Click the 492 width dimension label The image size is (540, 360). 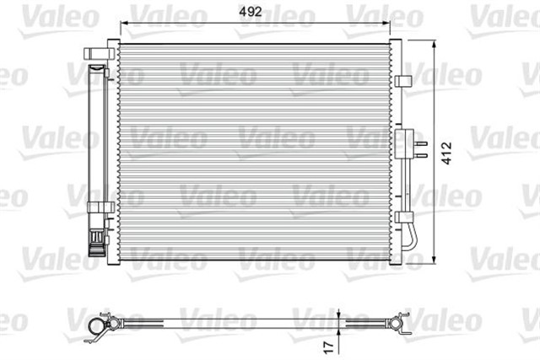click(251, 12)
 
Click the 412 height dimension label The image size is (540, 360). click(446, 153)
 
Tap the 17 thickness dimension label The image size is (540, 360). click(329, 347)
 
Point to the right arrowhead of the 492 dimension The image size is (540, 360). click(386, 23)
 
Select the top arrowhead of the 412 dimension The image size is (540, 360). click(434, 44)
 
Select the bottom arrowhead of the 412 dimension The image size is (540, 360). click(434, 260)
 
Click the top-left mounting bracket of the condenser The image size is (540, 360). click(99, 53)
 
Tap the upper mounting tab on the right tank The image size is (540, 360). click(403, 81)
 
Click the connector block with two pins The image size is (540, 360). click(404, 144)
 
